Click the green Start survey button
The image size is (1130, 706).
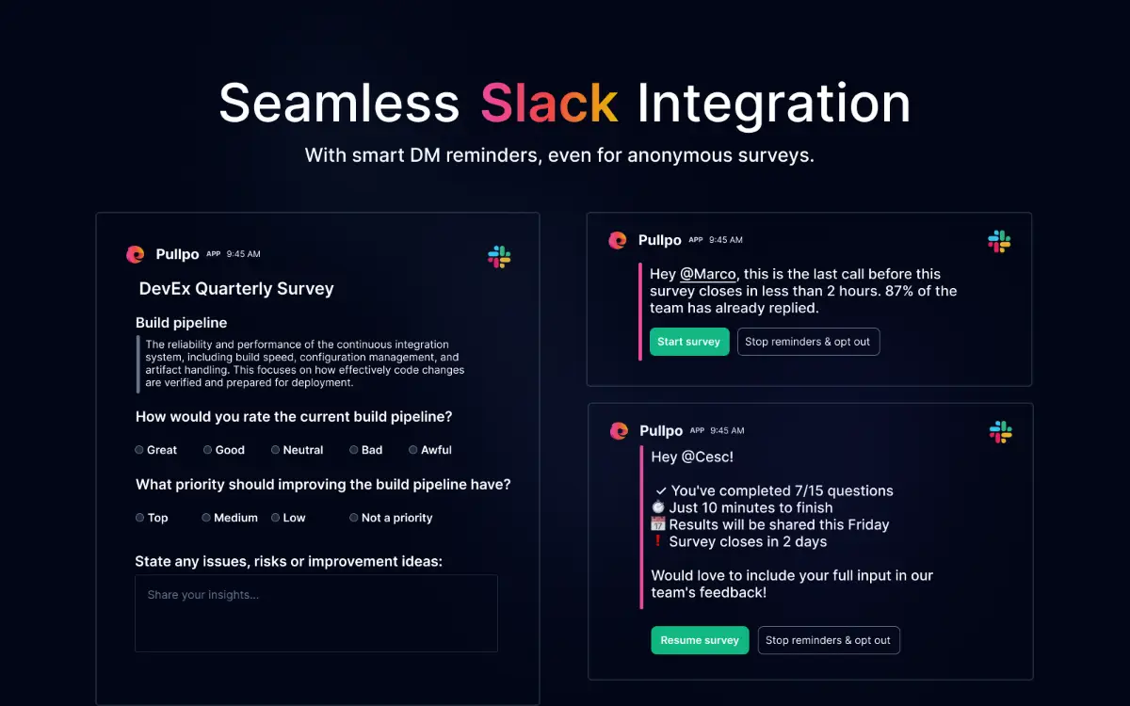coord(689,342)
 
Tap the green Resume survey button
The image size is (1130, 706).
coord(700,640)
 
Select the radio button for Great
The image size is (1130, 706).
coord(139,450)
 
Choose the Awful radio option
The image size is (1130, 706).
coord(413,450)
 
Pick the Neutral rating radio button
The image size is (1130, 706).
coord(276,450)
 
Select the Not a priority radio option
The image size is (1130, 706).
coord(354,518)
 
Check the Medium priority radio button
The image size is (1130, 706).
coord(206,518)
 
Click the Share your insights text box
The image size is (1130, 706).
coord(315,613)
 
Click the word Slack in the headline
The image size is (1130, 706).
coord(549,103)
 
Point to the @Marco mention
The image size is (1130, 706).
coord(707,274)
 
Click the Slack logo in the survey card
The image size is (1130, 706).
coord(499,256)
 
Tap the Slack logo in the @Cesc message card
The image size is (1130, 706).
coord(1000,432)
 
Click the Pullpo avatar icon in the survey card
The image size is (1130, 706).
coord(136,254)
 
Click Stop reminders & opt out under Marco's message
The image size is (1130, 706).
coord(807,342)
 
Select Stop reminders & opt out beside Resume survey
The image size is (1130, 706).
coord(828,640)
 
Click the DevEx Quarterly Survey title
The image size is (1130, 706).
coord(236,289)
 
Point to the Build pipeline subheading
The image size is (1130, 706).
coord(182,323)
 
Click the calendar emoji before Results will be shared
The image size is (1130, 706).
coord(658,524)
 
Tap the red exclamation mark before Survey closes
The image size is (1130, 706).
coord(658,541)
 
